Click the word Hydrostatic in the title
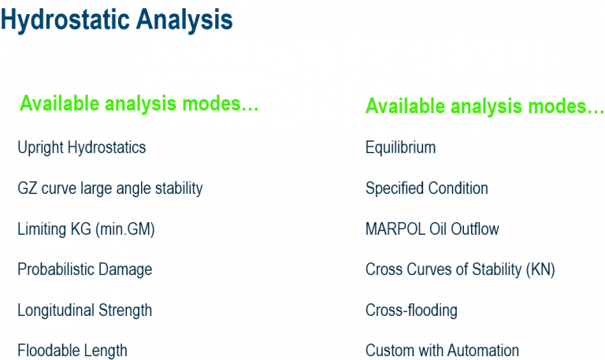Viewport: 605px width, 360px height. (x=67, y=21)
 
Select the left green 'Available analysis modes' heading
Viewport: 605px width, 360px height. (x=139, y=104)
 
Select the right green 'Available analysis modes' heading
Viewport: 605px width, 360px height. (x=484, y=106)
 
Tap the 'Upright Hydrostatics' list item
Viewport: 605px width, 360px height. (x=81, y=147)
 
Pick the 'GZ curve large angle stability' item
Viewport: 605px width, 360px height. (x=109, y=188)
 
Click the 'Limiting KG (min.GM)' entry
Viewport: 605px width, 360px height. (x=86, y=229)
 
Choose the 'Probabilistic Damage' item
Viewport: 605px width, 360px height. (x=84, y=269)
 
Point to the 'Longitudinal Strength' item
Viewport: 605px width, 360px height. (x=84, y=310)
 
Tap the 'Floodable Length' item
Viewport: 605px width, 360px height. (x=72, y=351)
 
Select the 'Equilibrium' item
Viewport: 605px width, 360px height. (x=400, y=147)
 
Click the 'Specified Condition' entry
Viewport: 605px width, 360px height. (x=426, y=188)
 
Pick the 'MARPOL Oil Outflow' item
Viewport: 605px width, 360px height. (x=432, y=229)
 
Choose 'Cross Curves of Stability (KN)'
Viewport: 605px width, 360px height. (x=460, y=269)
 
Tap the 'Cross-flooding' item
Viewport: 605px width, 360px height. (x=411, y=310)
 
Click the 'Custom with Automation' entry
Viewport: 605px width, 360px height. (x=442, y=351)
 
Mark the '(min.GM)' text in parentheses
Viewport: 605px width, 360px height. (x=127, y=229)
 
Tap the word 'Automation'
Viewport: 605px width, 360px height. (x=484, y=351)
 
